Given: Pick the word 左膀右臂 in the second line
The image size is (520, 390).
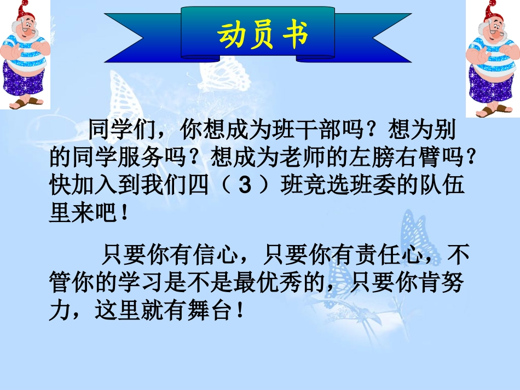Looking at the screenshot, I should pos(407,159).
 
